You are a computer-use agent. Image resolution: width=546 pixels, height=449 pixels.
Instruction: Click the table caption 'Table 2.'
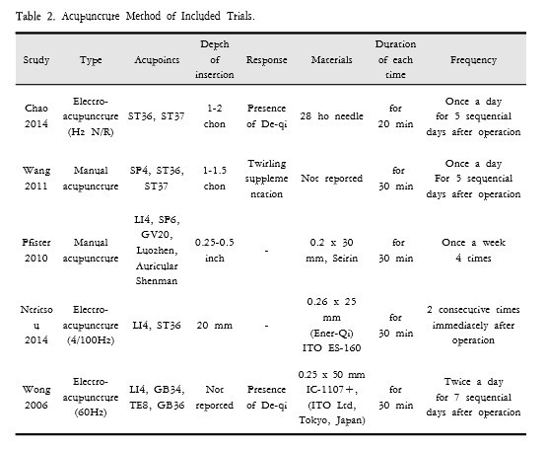click(35, 16)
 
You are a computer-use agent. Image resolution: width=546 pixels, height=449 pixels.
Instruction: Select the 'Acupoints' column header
click(157, 60)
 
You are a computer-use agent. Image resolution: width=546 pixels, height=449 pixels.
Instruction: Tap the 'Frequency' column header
click(474, 60)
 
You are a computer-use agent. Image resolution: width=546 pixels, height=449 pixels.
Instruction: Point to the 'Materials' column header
click(331, 60)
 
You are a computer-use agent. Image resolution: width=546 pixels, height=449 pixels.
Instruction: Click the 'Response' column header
click(267, 60)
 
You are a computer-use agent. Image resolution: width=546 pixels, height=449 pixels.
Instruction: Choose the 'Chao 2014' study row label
click(36, 116)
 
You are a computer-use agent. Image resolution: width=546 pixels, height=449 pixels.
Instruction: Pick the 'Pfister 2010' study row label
click(36, 251)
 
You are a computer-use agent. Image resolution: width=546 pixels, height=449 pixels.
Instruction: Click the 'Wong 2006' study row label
click(36, 397)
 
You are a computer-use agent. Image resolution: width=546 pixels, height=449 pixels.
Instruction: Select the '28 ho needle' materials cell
click(331, 116)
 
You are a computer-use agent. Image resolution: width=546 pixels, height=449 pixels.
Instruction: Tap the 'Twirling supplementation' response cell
click(267, 179)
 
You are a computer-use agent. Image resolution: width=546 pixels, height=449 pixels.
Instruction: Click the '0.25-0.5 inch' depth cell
click(215, 251)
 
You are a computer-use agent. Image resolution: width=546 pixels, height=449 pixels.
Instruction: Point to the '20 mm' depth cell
click(215, 326)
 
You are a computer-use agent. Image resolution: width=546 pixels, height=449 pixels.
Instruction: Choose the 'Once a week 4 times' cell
click(474, 251)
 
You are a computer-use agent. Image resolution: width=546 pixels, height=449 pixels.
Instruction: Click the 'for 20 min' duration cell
click(395, 116)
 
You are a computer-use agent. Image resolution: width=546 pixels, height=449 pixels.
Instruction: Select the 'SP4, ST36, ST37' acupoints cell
click(157, 179)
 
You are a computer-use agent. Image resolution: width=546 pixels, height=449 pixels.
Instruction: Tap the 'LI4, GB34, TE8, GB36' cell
click(157, 397)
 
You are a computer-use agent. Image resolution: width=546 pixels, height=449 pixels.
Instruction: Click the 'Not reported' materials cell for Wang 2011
click(331, 179)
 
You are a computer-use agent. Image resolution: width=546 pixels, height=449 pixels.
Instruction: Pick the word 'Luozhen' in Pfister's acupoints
click(157, 251)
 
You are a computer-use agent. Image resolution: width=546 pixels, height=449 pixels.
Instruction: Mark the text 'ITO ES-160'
click(331, 348)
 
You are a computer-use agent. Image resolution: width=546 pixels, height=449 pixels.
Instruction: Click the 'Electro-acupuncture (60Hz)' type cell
click(91, 397)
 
